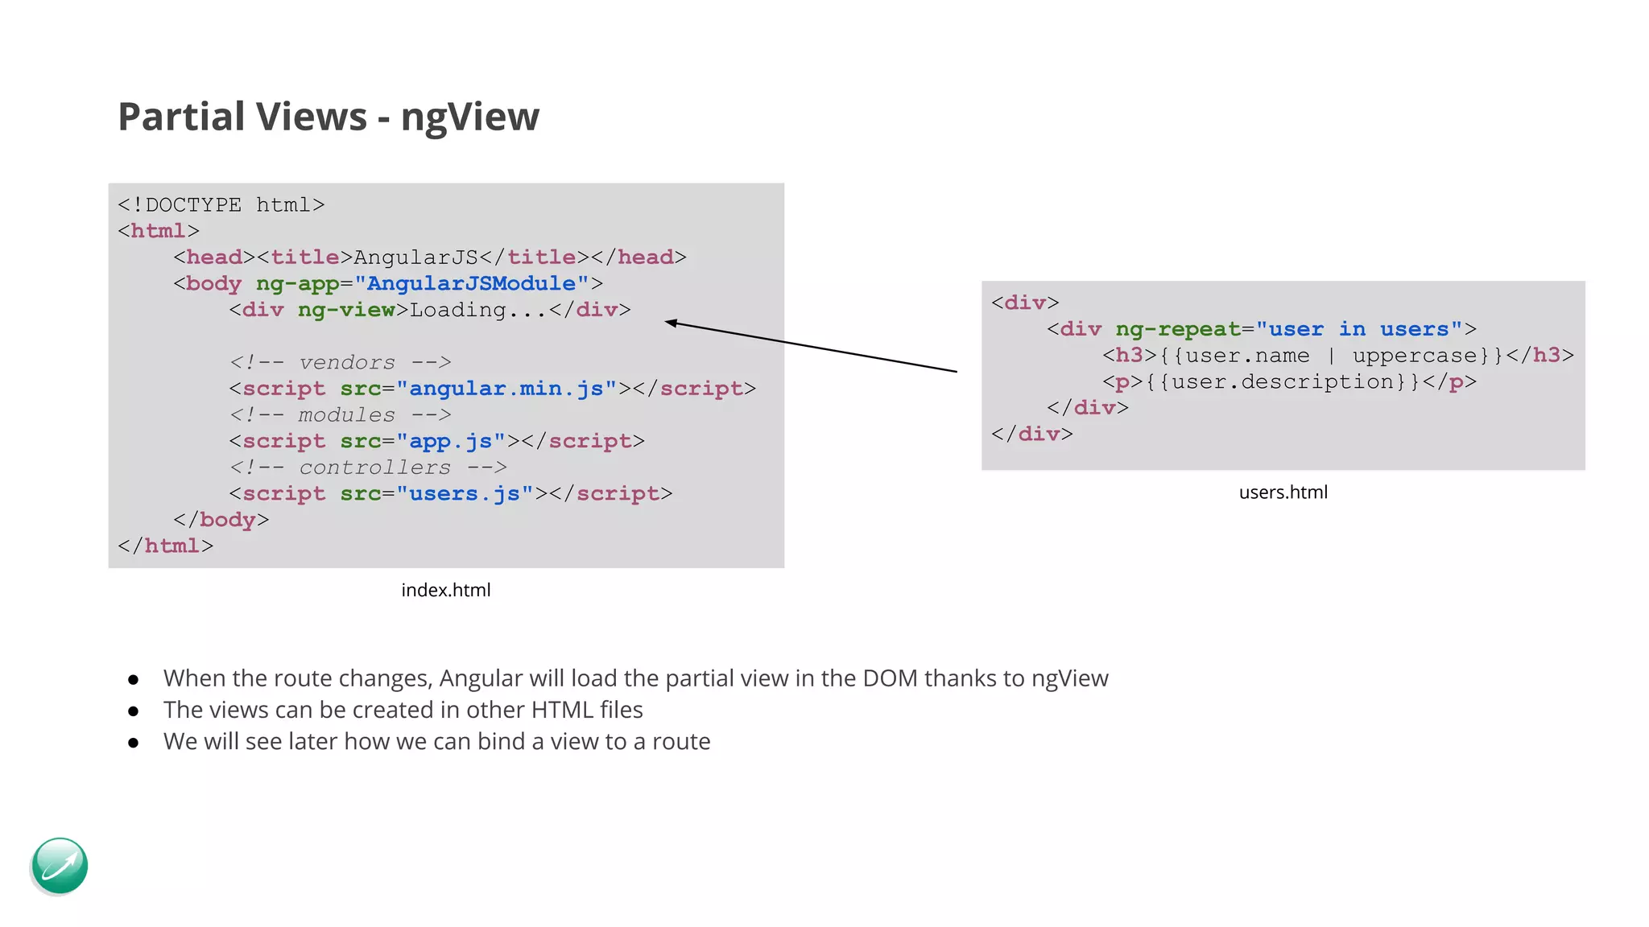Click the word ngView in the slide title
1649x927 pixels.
coord(469,117)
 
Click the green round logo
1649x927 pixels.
coord(60,866)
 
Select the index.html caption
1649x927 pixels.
coord(445,590)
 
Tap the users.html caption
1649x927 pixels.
coord(1283,492)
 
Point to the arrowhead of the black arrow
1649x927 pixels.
coord(669,323)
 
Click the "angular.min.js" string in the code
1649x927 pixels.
coord(506,389)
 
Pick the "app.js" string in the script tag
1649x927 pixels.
coord(451,441)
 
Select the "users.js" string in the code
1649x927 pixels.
coord(465,493)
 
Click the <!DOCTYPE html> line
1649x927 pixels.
coord(221,205)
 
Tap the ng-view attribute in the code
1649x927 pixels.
coord(346,310)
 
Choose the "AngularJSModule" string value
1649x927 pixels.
coord(471,283)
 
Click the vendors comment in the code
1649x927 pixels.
coord(340,363)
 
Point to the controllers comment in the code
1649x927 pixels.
coord(368,468)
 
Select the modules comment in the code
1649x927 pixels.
coord(340,415)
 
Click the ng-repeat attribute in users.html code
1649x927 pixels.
coord(1177,329)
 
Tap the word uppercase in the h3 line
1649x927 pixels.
coord(1415,356)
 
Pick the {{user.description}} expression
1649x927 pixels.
coord(1283,381)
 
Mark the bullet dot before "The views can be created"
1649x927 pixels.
coord(134,711)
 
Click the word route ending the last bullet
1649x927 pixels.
coord(680,741)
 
